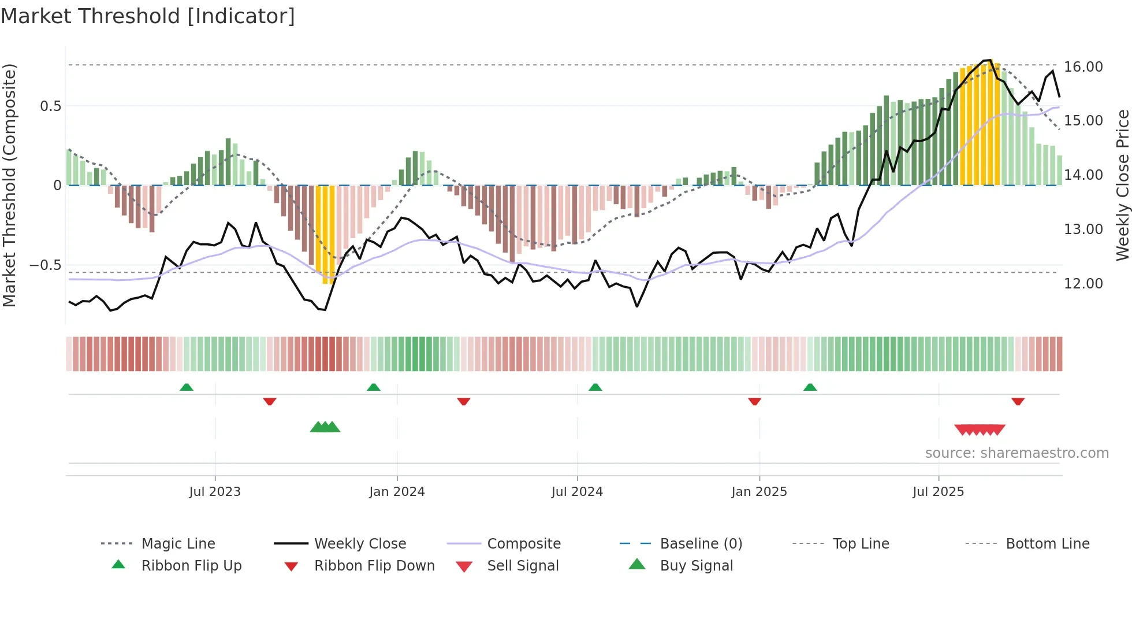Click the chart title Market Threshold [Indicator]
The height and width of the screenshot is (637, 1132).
point(148,16)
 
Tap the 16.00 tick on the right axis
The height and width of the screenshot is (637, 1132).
point(1083,67)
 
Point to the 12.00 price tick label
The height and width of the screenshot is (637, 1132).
point(1083,284)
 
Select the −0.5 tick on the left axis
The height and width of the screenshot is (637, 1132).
point(45,265)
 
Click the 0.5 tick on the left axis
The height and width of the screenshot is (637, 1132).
point(50,106)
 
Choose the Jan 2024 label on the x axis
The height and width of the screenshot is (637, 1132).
point(397,492)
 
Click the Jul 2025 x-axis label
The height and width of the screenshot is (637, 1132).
point(938,492)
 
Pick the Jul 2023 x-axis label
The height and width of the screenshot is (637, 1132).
point(215,492)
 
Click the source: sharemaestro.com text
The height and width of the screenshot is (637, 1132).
point(1016,453)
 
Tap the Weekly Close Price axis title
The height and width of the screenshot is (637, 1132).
point(1122,185)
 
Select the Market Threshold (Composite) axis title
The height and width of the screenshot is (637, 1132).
point(9,185)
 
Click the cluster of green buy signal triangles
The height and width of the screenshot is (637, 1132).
point(325,427)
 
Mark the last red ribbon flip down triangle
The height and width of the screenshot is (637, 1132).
point(1018,401)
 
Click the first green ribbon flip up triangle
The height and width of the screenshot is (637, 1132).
point(187,387)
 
